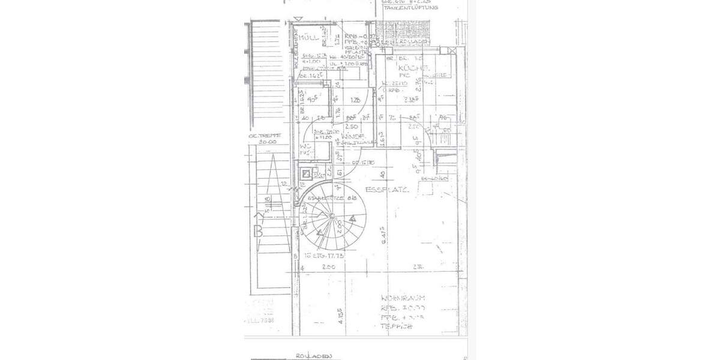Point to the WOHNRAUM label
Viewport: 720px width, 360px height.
tap(403, 298)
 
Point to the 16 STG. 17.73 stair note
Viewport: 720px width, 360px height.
tap(325, 255)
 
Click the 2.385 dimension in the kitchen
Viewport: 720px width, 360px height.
tap(411, 100)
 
